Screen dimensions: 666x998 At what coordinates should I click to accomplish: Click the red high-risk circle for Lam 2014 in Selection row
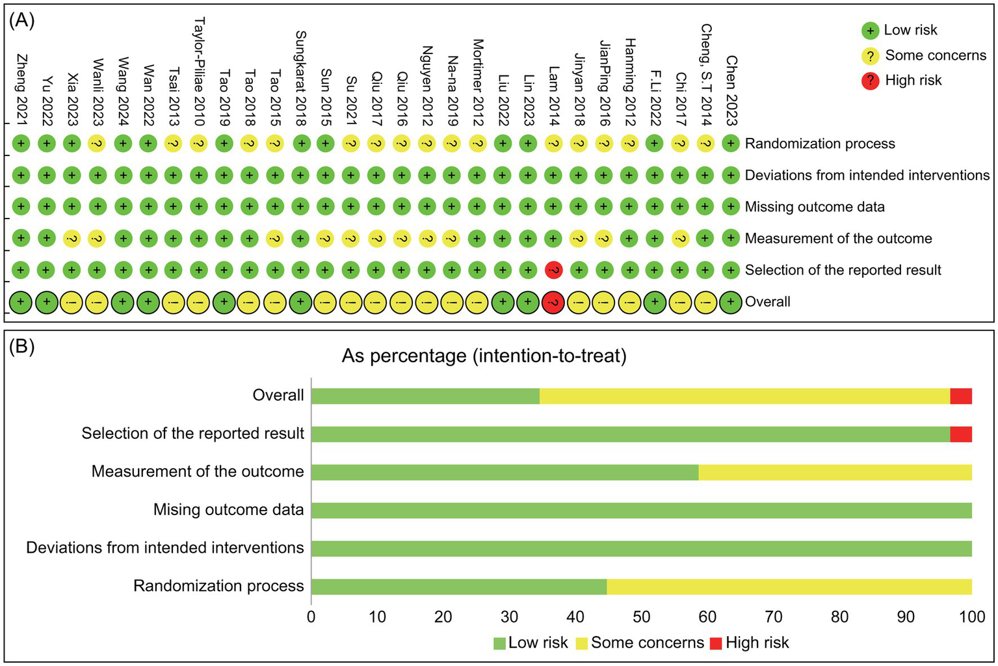553,270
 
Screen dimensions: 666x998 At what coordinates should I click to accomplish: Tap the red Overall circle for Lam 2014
553,302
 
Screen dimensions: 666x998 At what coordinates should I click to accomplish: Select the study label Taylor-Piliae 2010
199,72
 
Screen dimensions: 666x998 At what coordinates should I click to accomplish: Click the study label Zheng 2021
21,89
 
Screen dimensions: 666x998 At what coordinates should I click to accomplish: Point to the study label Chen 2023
731,90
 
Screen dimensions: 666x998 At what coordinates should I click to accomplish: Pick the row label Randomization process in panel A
819,144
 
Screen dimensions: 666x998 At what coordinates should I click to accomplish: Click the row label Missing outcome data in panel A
814,207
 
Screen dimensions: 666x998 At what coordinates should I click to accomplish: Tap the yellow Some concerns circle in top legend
870,56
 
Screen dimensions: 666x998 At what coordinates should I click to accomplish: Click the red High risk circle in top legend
870,81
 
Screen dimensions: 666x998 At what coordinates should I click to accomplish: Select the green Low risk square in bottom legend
499,643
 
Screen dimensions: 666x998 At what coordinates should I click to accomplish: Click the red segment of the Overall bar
960,396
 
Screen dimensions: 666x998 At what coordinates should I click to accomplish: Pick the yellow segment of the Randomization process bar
789,586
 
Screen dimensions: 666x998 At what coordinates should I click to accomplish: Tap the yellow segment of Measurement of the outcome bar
835,472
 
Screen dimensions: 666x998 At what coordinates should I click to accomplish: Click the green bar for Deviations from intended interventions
641,548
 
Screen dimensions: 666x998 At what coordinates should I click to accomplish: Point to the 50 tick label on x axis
641,617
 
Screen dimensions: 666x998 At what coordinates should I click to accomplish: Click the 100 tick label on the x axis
972,617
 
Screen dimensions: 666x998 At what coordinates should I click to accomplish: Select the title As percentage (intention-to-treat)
484,356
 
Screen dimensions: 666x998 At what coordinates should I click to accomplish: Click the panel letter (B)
21,346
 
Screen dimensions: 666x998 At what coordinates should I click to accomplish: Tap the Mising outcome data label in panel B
228,509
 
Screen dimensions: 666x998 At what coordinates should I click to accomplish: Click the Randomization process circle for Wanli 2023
98,144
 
